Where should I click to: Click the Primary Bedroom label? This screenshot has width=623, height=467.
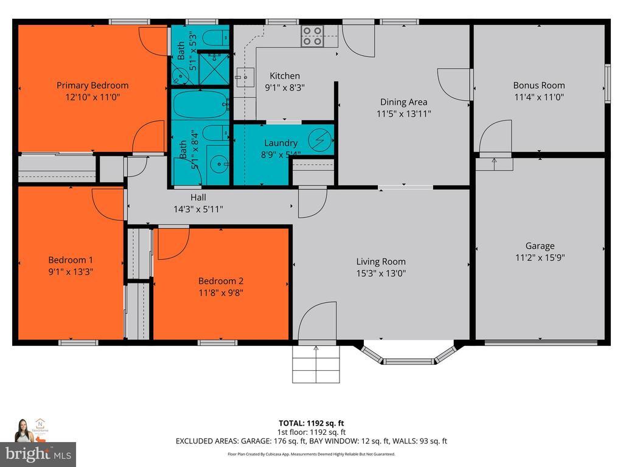[92, 85]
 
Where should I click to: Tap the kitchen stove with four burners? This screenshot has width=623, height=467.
[312, 36]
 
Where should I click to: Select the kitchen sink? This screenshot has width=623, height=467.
[246, 77]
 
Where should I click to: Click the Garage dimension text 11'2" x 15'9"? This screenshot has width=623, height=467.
[540, 257]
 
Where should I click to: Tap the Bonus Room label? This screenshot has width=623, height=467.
[538, 85]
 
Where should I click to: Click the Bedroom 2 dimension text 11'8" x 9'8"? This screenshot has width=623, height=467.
[221, 292]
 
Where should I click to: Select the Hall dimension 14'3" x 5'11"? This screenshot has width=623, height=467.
[198, 209]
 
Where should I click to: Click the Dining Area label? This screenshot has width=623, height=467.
[403, 102]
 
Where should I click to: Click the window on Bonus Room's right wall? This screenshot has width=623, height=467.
[607, 82]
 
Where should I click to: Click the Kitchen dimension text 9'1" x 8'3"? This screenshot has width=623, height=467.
[285, 87]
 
